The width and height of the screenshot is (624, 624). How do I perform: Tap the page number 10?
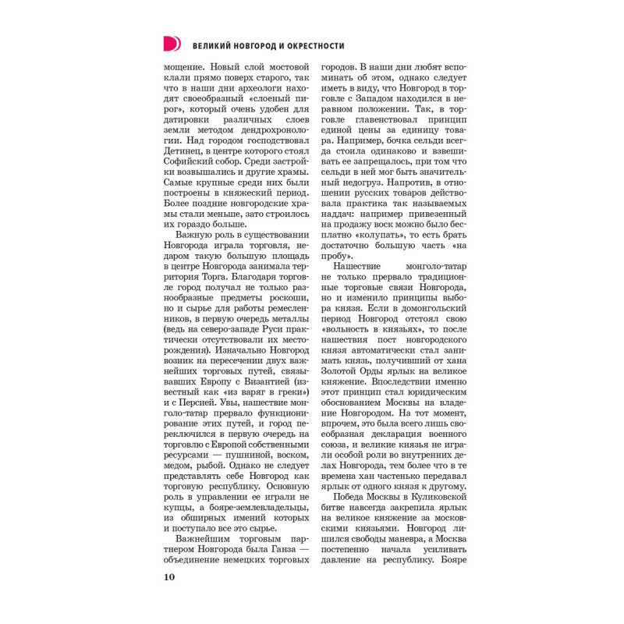[170, 577]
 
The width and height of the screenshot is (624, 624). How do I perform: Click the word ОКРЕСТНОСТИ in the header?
[309, 46]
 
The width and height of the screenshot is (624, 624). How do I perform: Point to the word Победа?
[352, 496]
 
